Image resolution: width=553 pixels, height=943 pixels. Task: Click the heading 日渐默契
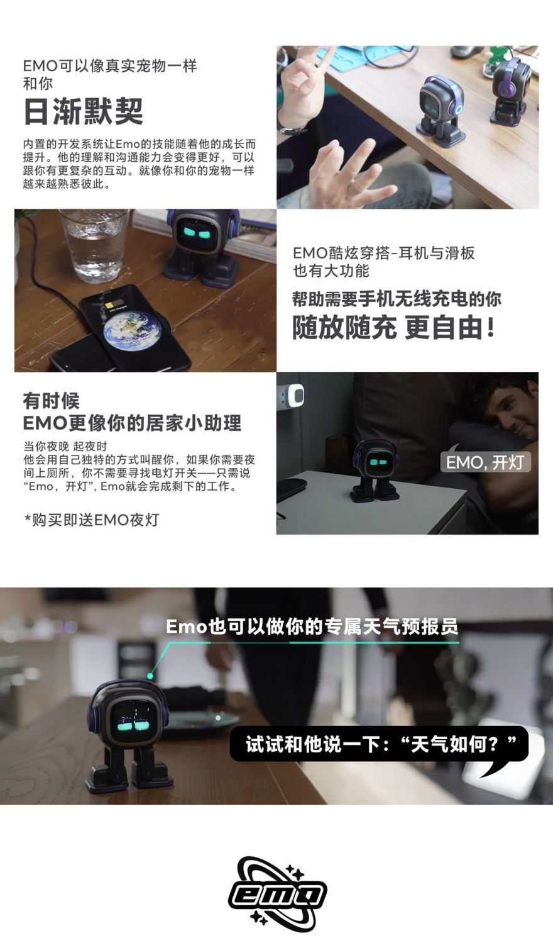click(83, 112)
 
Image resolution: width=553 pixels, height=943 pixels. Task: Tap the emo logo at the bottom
click(277, 893)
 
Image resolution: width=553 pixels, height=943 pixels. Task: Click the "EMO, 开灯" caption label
click(485, 462)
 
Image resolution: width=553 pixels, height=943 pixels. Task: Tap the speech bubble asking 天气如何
click(380, 745)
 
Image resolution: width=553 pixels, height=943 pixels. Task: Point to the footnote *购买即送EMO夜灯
click(91, 520)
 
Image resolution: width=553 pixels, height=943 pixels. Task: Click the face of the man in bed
click(513, 411)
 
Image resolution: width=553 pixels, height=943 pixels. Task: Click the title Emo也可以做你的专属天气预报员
click(312, 627)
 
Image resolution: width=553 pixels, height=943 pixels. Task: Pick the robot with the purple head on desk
click(510, 92)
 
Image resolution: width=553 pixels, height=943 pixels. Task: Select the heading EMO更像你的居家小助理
click(132, 423)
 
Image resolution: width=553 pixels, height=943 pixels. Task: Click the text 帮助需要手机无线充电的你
click(397, 299)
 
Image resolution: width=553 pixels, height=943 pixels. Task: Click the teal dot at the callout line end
click(151, 676)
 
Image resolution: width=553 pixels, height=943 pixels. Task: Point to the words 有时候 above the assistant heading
click(51, 401)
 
